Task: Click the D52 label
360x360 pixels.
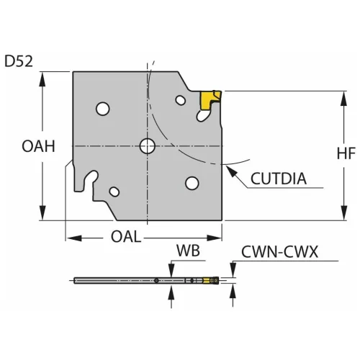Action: tap(19, 61)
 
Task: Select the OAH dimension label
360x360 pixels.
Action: tap(38, 146)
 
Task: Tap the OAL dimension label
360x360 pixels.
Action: tap(126, 236)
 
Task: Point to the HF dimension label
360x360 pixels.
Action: tap(346, 153)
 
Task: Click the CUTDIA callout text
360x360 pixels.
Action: tap(279, 179)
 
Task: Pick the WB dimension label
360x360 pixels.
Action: tap(188, 251)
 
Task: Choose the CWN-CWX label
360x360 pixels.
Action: tap(279, 252)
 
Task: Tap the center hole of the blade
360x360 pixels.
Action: tap(148, 146)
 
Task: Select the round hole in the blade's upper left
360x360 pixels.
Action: tap(103, 109)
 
